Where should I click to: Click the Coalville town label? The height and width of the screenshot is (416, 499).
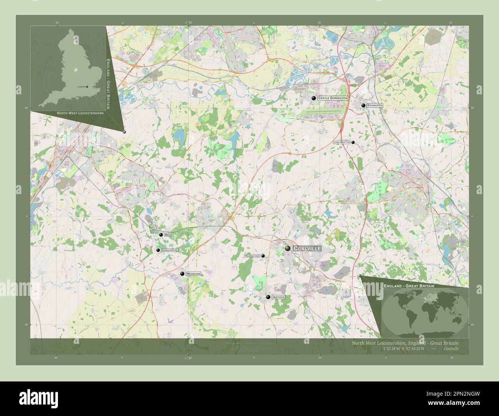tap(307, 249)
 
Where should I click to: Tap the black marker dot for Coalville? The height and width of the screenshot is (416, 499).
tap(288, 249)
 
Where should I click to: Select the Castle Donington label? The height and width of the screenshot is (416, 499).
tap(332, 98)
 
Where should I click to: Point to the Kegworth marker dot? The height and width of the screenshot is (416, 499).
tap(363, 105)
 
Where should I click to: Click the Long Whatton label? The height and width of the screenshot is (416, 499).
tap(342, 142)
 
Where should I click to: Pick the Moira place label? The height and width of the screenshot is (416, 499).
tap(169, 234)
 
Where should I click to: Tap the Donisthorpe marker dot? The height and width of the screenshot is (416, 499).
tap(158, 250)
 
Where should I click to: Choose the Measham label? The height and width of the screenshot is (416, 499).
tap(193, 274)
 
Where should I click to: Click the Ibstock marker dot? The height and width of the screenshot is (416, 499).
tap(268, 297)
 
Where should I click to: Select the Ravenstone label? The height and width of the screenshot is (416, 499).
tap(253, 256)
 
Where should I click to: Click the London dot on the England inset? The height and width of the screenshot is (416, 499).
tap(87, 87)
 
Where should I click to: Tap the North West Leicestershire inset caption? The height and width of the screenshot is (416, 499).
tap(80, 114)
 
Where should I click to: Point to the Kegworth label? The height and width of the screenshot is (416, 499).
tap(375, 105)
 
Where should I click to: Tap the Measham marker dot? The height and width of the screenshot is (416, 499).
tap(182, 274)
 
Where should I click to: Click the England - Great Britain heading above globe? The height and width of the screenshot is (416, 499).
tap(409, 286)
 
